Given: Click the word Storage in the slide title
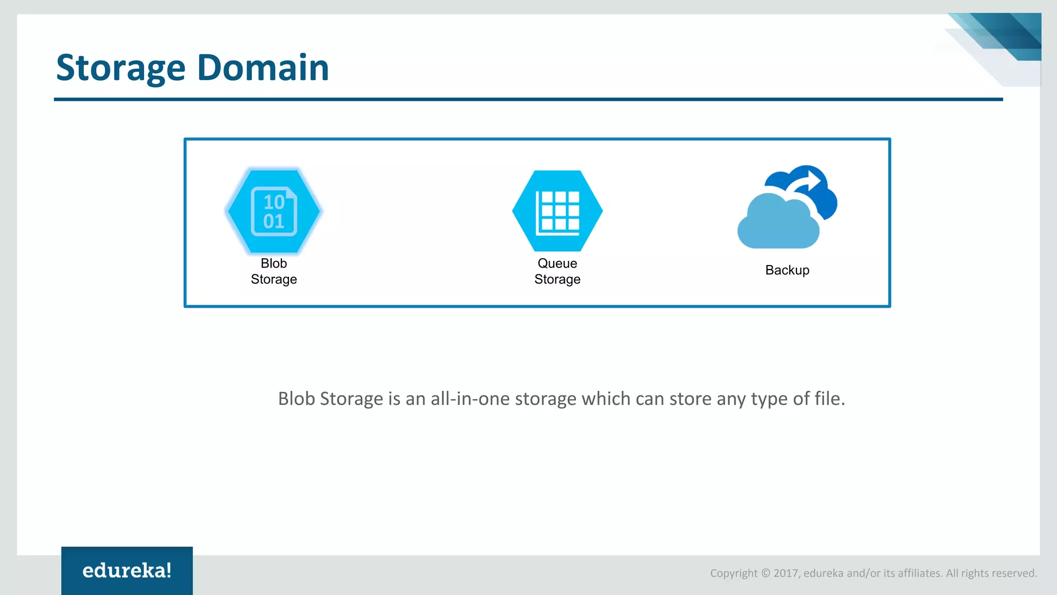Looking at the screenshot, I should [120, 68].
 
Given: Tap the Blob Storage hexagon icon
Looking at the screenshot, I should [274, 211].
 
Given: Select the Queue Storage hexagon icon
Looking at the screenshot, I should [557, 211].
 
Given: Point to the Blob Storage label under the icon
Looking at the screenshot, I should [274, 271].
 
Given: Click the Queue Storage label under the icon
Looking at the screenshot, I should [557, 271].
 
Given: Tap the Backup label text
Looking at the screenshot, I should [787, 270].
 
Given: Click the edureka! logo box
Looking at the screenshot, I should [127, 570].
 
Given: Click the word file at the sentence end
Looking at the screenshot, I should [829, 399].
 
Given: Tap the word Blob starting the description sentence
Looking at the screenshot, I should [296, 399].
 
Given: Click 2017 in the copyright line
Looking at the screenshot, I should [786, 573].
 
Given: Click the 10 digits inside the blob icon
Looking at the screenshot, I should [274, 202].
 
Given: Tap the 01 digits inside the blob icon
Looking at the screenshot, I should [274, 222].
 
